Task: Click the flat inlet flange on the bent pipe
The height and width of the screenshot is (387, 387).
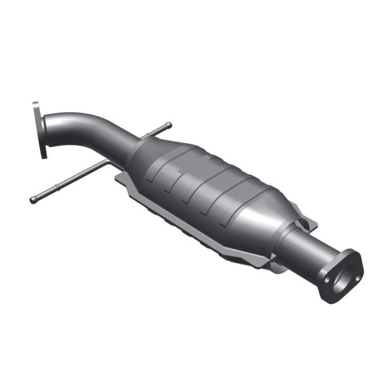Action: click(43, 130)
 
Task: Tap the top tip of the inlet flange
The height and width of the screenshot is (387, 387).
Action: click(35, 104)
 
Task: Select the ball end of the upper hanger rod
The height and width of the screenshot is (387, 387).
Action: click(169, 124)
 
